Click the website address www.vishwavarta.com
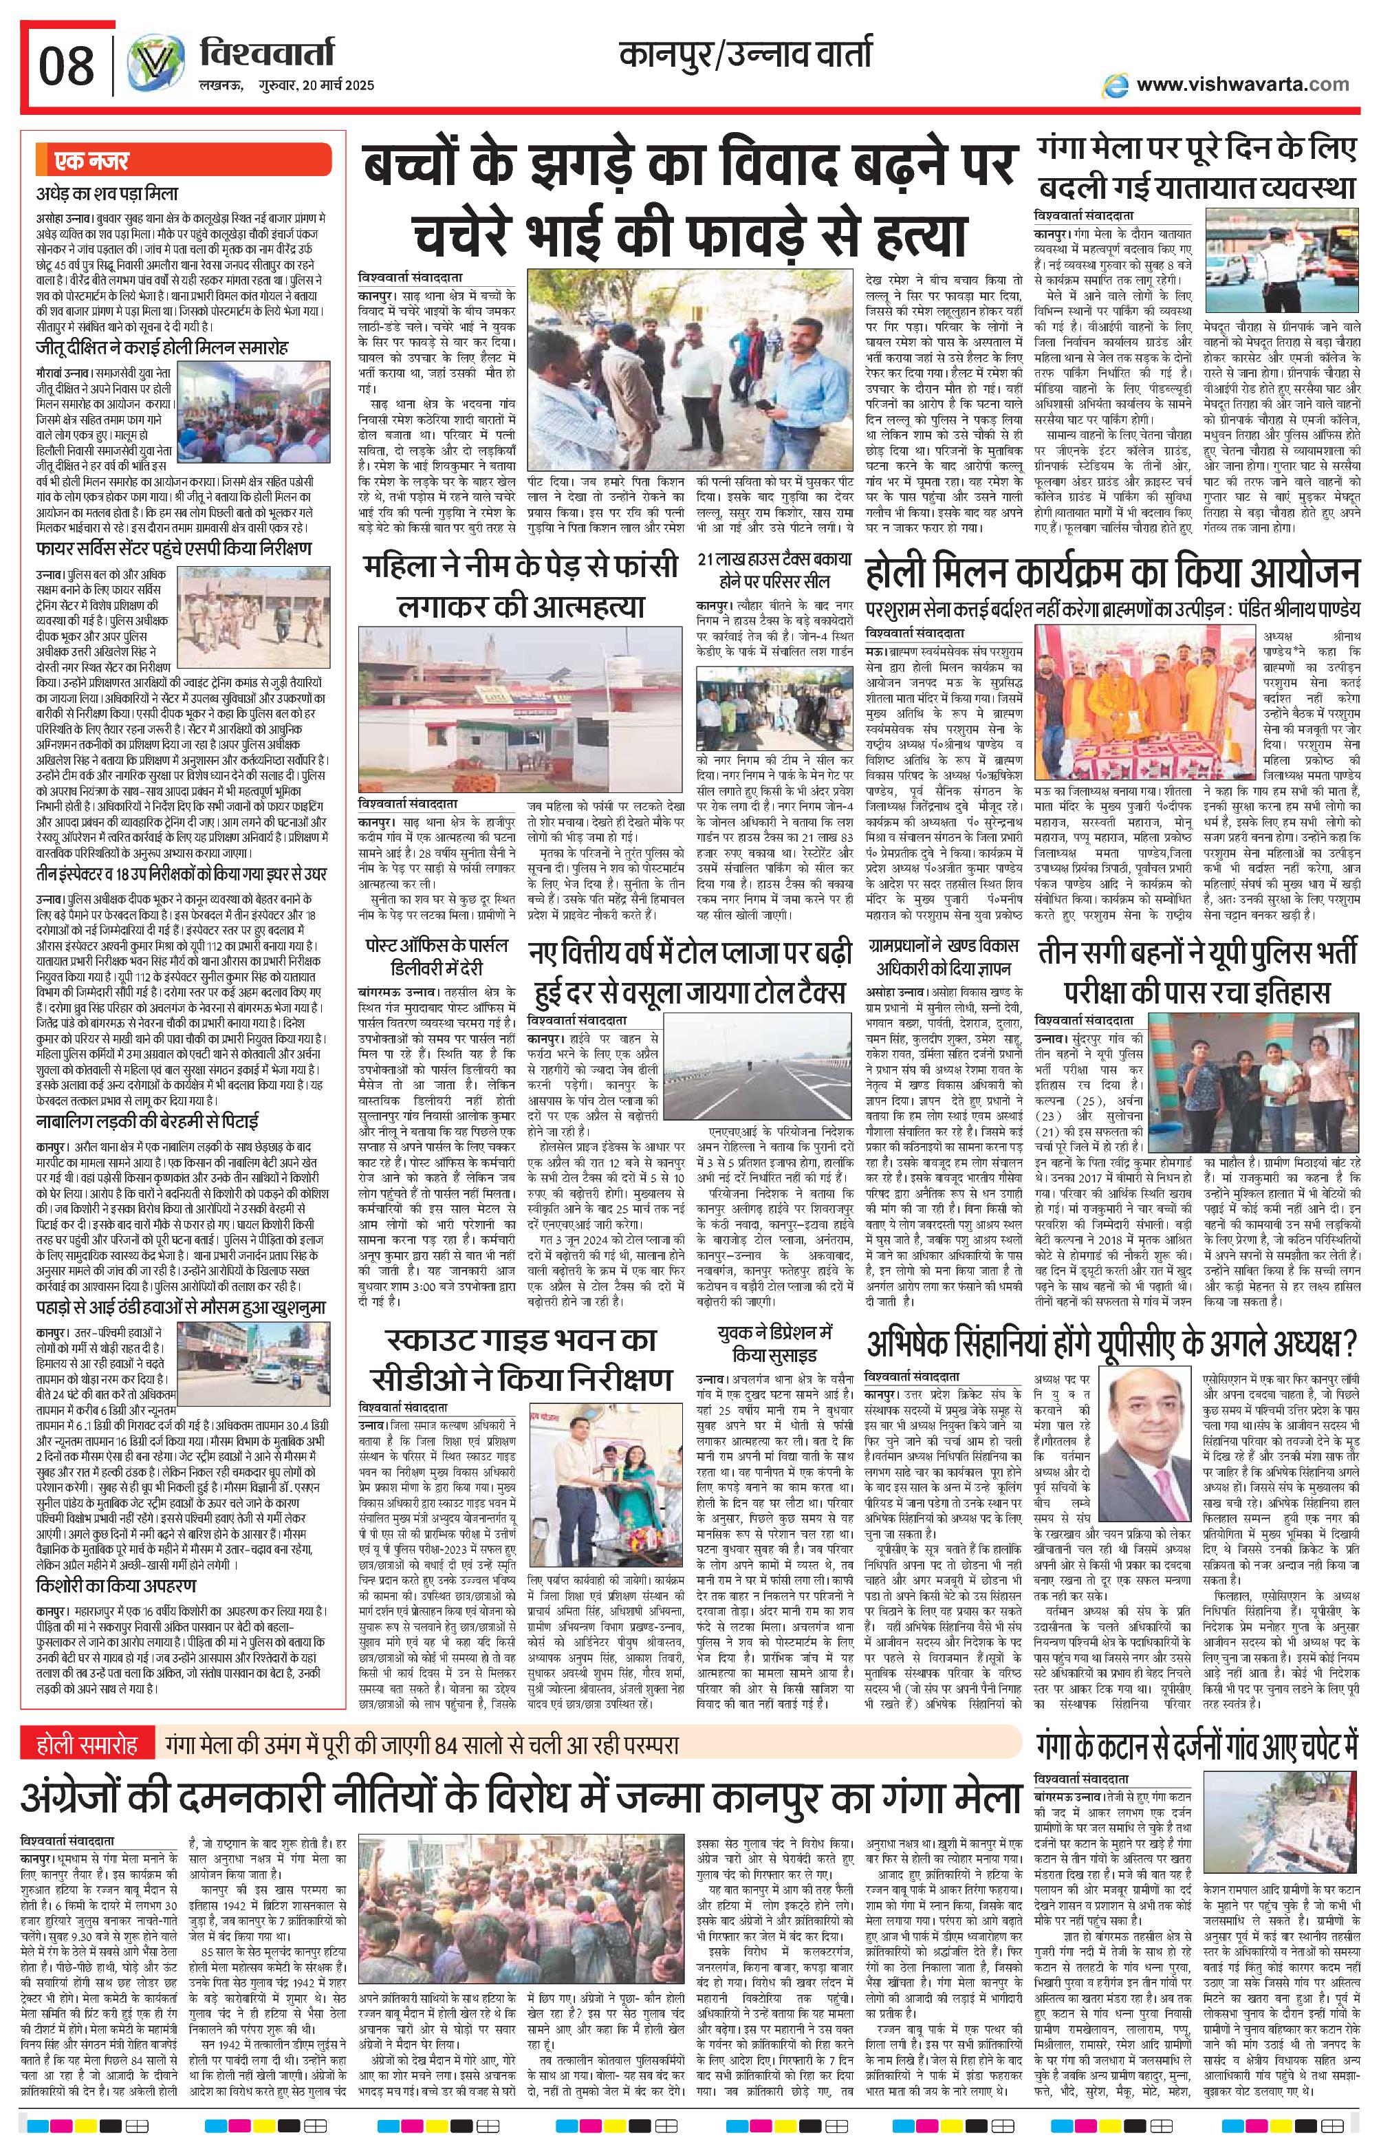[1242, 85]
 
